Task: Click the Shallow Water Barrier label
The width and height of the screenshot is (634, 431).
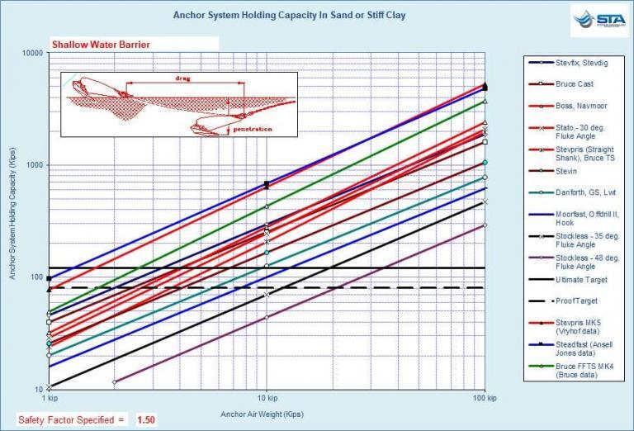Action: (x=101, y=45)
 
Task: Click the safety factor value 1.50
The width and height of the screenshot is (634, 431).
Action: (x=145, y=419)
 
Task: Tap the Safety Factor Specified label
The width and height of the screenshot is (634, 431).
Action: (x=71, y=419)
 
